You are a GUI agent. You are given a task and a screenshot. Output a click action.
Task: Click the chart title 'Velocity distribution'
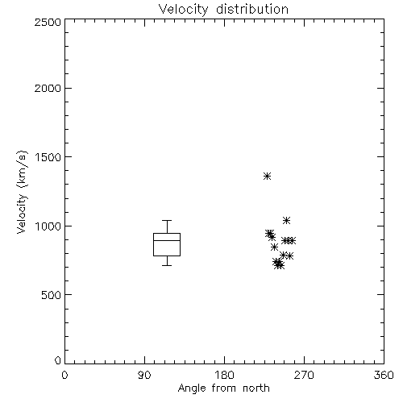click(x=223, y=10)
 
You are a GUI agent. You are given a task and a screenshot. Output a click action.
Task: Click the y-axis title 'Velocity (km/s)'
click(x=22, y=192)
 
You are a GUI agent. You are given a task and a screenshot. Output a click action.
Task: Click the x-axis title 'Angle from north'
click(x=223, y=388)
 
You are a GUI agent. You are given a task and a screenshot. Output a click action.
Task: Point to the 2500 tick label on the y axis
click(x=48, y=22)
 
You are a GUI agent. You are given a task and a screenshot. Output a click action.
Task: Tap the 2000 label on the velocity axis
click(x=48, y=88)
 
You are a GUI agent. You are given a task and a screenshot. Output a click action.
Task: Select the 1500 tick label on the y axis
click(x=48, y=157)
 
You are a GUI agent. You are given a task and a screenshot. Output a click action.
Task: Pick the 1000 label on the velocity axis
click(x=48, y=226)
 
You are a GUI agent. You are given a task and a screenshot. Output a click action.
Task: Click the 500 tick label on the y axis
click(x=52, y=295)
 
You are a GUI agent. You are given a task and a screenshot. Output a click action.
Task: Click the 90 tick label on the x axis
click(x=144, y=375)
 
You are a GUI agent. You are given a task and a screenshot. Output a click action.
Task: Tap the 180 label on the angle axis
click(x=224, y=375)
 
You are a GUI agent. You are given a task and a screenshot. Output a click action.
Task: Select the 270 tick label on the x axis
click(x=304, y=375)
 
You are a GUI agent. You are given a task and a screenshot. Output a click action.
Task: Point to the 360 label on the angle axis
click(x=384, y=375)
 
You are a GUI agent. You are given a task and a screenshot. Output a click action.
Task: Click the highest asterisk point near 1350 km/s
click(x=267, y=177)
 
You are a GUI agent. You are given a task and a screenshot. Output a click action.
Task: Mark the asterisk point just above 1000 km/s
click(x=286, y=220)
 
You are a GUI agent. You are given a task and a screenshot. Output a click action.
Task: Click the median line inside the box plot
click(x=167, y=240)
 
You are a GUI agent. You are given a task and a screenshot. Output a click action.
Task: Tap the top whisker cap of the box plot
click(x=167, y=220)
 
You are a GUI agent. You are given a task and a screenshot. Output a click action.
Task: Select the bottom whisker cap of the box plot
click(x=167, y=265)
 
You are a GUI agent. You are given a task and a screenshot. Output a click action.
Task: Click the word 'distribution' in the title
click(x=252, y=10)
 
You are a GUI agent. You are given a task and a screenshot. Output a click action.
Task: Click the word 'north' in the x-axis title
click(x=256, y=388)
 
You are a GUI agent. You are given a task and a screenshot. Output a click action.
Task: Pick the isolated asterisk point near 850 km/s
click(x=274, y=247)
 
